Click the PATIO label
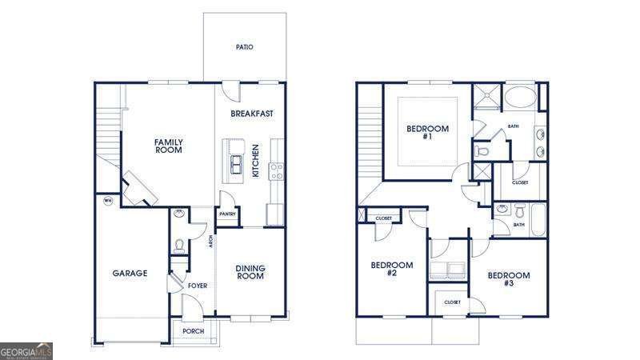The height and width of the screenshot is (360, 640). pyautogui.click(x=245, y=47)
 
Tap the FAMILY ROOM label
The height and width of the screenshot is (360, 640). pyautogui.click(x=169, y=146)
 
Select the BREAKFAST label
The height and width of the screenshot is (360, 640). pyautogui.click(x=252, y=114)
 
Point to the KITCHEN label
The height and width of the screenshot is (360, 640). pyautogui.click(x=255, y=161)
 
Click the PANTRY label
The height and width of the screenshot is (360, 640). pyautogui.click(x=227, y=214)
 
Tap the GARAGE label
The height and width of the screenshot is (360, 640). pyautogui.click(x=130, y=274)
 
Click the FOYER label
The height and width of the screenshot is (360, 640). pyautogui.click(x=198, y=286)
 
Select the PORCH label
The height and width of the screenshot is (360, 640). pyautogui.click(x=193, y=331)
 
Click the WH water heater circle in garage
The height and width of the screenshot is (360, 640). pyautogui.click(x=107, y=200)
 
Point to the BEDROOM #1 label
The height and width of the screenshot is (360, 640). pyautogui.click(x=427, y=132)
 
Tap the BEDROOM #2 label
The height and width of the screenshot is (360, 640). pyautogui.click(x=392, y=269)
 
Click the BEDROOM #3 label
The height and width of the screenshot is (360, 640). pyautogui.click(x=508, y=279)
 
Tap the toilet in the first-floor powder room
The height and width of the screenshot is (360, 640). pyautogui.click(x=179, y=244)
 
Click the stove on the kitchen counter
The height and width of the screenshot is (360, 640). pyautogui.click(x=278, y=170)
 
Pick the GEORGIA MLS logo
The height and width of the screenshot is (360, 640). pyautogui.click(x=26, y=350)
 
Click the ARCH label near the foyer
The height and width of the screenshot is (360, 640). pyautogui.click(x=210, y=241)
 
